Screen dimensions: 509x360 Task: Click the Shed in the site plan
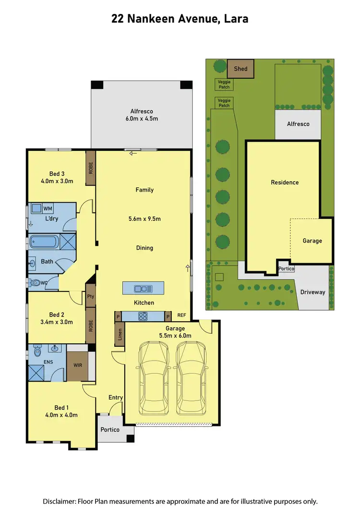coord(240,69)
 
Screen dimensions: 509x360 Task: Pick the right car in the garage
coord(192,379)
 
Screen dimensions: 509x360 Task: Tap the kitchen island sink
coord(143,289)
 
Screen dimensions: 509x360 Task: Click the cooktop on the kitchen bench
coord(144,316)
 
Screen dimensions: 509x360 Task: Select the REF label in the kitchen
coord(181,316)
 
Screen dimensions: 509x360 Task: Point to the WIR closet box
coord(77,365)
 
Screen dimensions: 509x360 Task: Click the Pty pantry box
coord(91,297)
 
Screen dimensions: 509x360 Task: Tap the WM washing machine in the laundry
coord(48,208)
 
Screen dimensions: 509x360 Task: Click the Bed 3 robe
coord(91,168)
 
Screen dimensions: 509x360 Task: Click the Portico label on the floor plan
coord(110,429)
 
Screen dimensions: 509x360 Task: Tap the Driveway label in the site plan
coord(312,292)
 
